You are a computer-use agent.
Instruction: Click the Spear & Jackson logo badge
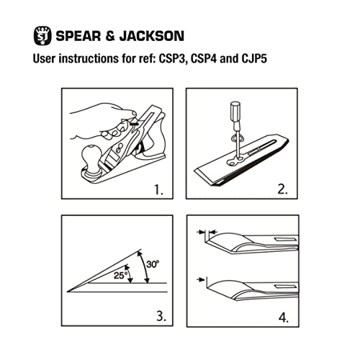tap(42, 35)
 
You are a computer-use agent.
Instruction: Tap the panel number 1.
tap(158, 192)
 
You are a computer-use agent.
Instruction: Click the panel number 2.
tap(283, 192)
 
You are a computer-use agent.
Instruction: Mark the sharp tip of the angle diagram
tap(68, 292)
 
